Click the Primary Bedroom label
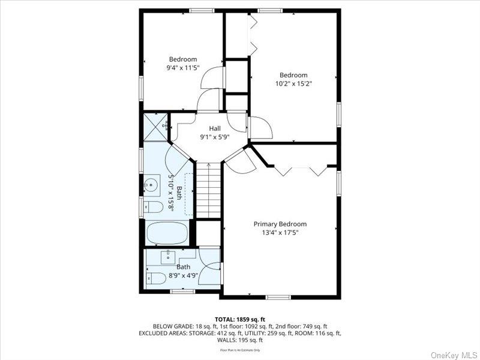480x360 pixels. pyautogui.click(x=280, y=224)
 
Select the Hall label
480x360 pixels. pyautogui.click(x=215, y=128)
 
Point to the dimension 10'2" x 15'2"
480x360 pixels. pyautogui.click(x=293, y=83)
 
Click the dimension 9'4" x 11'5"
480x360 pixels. pyautogui.click(x=183, y=68)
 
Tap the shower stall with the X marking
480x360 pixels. pyautogui.click(x=155, y=126)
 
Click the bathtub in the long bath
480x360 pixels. pyautogui.click(x=167, y=232)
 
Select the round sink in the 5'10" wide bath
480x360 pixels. pyautogui.click(x=152, y=185)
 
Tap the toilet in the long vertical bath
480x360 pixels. pyautogui.click(x=154, y=208)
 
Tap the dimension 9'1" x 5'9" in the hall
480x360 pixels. pyautogui.click(x=215, y=137)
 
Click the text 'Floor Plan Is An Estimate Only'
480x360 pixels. pyautogui.click(x=239, y=350)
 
